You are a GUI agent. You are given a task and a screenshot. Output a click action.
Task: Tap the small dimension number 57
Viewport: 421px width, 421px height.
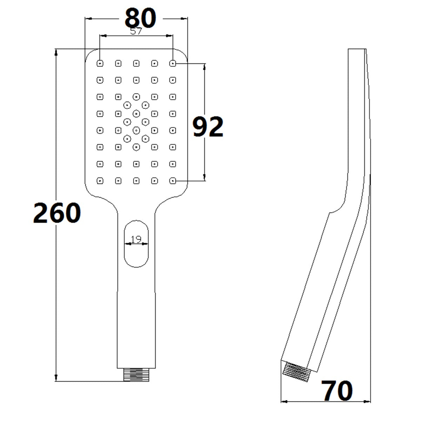(x=136, y=31)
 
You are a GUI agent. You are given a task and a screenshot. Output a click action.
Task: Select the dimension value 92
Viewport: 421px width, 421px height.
(x=208, y=127)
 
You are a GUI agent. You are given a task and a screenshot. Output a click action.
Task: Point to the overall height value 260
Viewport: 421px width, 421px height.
(x=57, y=213)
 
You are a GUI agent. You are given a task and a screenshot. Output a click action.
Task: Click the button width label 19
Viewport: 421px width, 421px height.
(x=136, y=239)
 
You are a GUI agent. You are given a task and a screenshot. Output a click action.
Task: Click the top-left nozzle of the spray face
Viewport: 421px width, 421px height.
(x=100, y=64)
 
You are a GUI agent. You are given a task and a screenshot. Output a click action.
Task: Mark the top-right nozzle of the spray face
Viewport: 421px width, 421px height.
(x=173, y=64)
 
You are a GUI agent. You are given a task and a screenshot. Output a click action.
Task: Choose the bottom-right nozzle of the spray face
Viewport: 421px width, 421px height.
(x=173, y=181)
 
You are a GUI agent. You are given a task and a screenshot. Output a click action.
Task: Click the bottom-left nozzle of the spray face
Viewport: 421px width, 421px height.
(x=100, y=181)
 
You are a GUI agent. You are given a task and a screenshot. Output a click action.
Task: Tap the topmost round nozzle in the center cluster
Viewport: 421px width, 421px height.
(x=136, y=96)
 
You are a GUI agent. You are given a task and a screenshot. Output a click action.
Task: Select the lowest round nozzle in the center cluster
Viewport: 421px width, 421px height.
(x=136, y=147)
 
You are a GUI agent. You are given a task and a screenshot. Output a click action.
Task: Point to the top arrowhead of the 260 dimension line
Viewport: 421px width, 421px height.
(x=56, y=52)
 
